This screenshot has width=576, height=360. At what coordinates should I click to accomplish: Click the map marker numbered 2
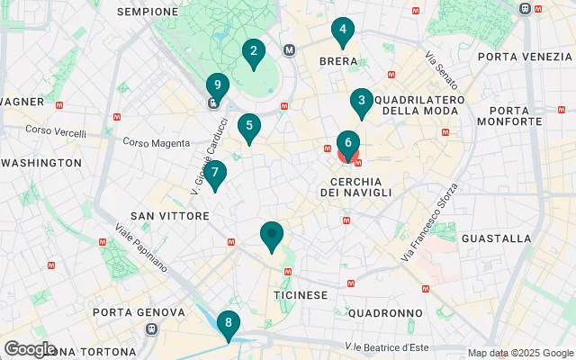click(x=253, y=53)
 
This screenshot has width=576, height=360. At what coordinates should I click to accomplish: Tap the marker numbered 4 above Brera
click(x=341, y=31)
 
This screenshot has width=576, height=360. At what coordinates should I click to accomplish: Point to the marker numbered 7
click(x=214, y=175)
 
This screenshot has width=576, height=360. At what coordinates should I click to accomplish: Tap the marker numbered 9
click(x=215, y=88)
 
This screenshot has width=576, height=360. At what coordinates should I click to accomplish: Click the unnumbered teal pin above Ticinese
click(x=272, y=236)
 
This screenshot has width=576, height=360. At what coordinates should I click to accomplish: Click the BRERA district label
click(x=338, y=62)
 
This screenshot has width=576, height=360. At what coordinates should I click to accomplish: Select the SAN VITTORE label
click(x=170, y=216)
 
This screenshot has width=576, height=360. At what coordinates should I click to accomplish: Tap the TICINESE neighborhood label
click(x=300, y=295)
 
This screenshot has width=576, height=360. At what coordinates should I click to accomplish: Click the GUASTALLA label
click(x=496, y=238)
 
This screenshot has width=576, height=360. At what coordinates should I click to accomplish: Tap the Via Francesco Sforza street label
click(x=430, y=222)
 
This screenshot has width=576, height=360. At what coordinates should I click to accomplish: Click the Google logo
click(x=30, y=348)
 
